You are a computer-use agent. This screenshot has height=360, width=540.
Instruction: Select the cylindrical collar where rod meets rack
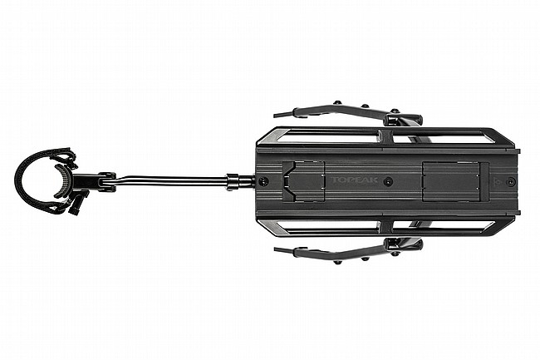(x=235, y=180)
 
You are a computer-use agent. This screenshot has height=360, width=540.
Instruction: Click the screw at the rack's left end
(x=263, y=180)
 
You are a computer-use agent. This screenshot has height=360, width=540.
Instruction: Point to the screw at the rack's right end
(x=509, y=180)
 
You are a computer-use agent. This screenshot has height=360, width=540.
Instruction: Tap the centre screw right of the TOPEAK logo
(x=389, y=180)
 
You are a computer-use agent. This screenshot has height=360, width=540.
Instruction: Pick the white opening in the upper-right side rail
(x=440, y=136)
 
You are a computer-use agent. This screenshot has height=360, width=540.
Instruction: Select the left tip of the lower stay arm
(x=277, y=249)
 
